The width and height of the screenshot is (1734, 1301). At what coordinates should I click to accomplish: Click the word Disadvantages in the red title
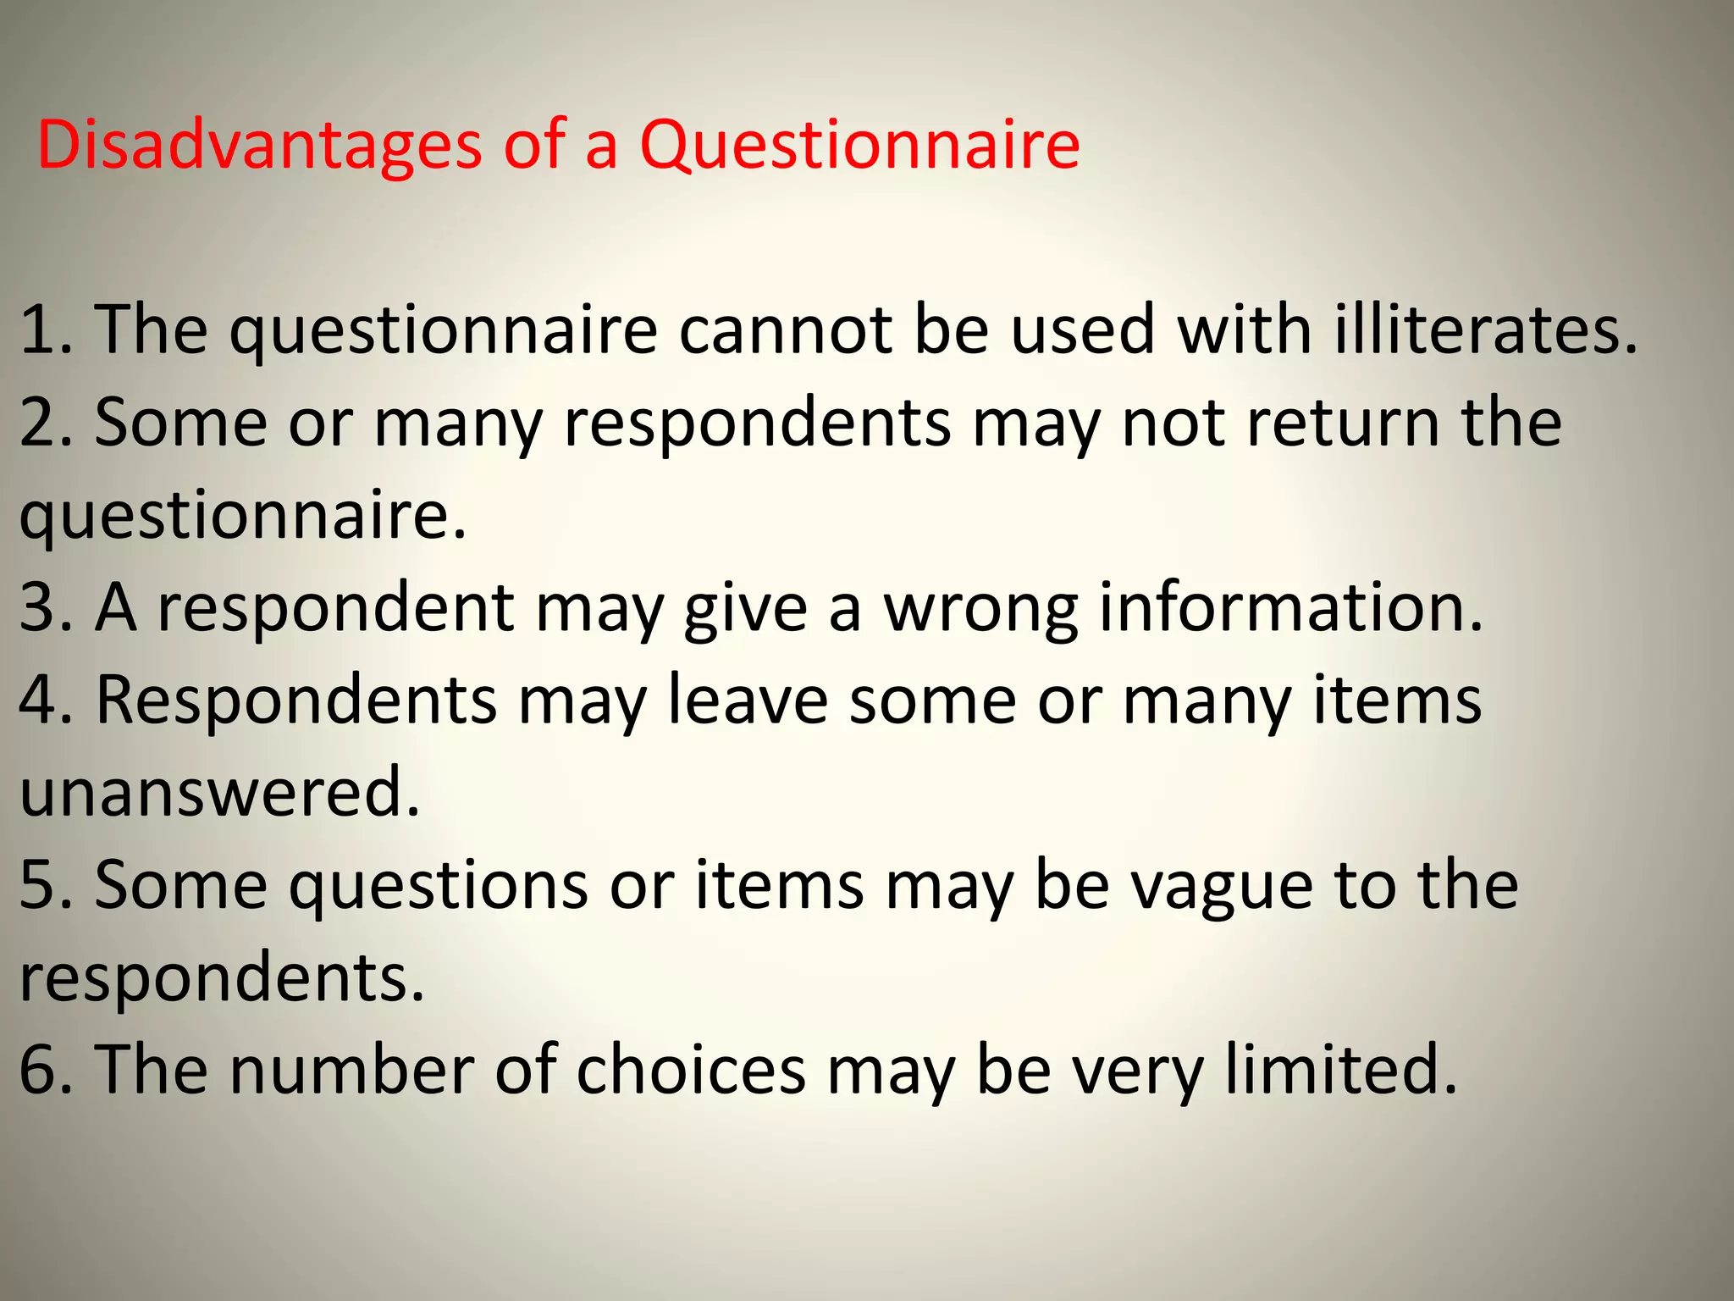click(x=259, y=144)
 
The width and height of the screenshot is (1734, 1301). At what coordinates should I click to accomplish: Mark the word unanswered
click(x=218, y=792)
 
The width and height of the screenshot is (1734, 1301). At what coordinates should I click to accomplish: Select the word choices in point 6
click(x=691, y=1069)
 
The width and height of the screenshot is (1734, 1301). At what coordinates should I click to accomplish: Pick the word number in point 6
click(x=351, y=1069)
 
